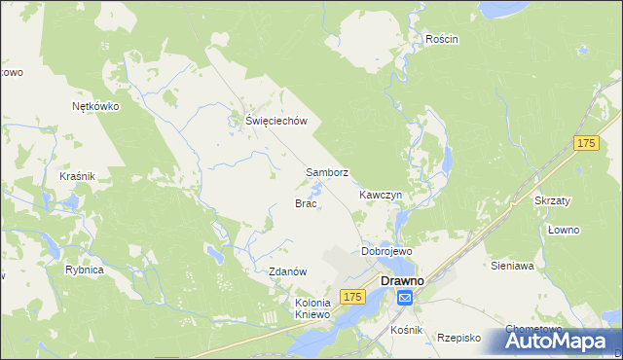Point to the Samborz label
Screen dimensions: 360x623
click(327, 172)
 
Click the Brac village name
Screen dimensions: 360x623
click(305, 203)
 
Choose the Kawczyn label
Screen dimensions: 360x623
click(380, 195)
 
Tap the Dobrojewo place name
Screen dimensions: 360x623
click(387, 251)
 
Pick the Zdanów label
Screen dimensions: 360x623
click(288, 271)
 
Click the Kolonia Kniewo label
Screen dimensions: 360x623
click(313, 308)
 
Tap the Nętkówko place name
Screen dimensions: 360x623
click(95, 107)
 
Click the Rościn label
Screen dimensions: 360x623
click(442, 39)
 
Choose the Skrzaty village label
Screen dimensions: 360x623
click(552, 199)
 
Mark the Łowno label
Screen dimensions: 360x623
click(563, 230)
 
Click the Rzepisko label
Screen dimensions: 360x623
click(459, 337)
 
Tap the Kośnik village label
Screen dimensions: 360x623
click(405, 331)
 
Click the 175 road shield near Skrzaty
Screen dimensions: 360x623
click(585, 143)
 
